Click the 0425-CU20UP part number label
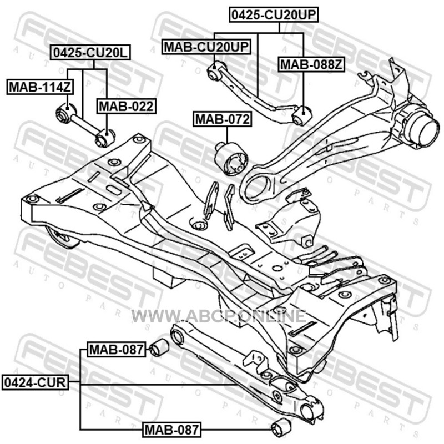coord(274,15)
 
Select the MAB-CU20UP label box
coord(206,47)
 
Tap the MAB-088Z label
coord(311,65)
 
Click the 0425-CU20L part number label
coord(90,52)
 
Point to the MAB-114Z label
coord(40,87)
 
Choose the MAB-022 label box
coord(127,106)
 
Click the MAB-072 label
coord(223,119)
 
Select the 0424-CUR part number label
coord(35,382)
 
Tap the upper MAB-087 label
coord(117,349)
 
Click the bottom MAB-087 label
coord(172,430)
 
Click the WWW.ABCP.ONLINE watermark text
coord(219,316)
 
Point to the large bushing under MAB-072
coord(231,158)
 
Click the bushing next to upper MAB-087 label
coord(159,347)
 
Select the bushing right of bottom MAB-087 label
coord(281,427)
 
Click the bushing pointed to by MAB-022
coord(105,138)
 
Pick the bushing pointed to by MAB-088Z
coord(301,115)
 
